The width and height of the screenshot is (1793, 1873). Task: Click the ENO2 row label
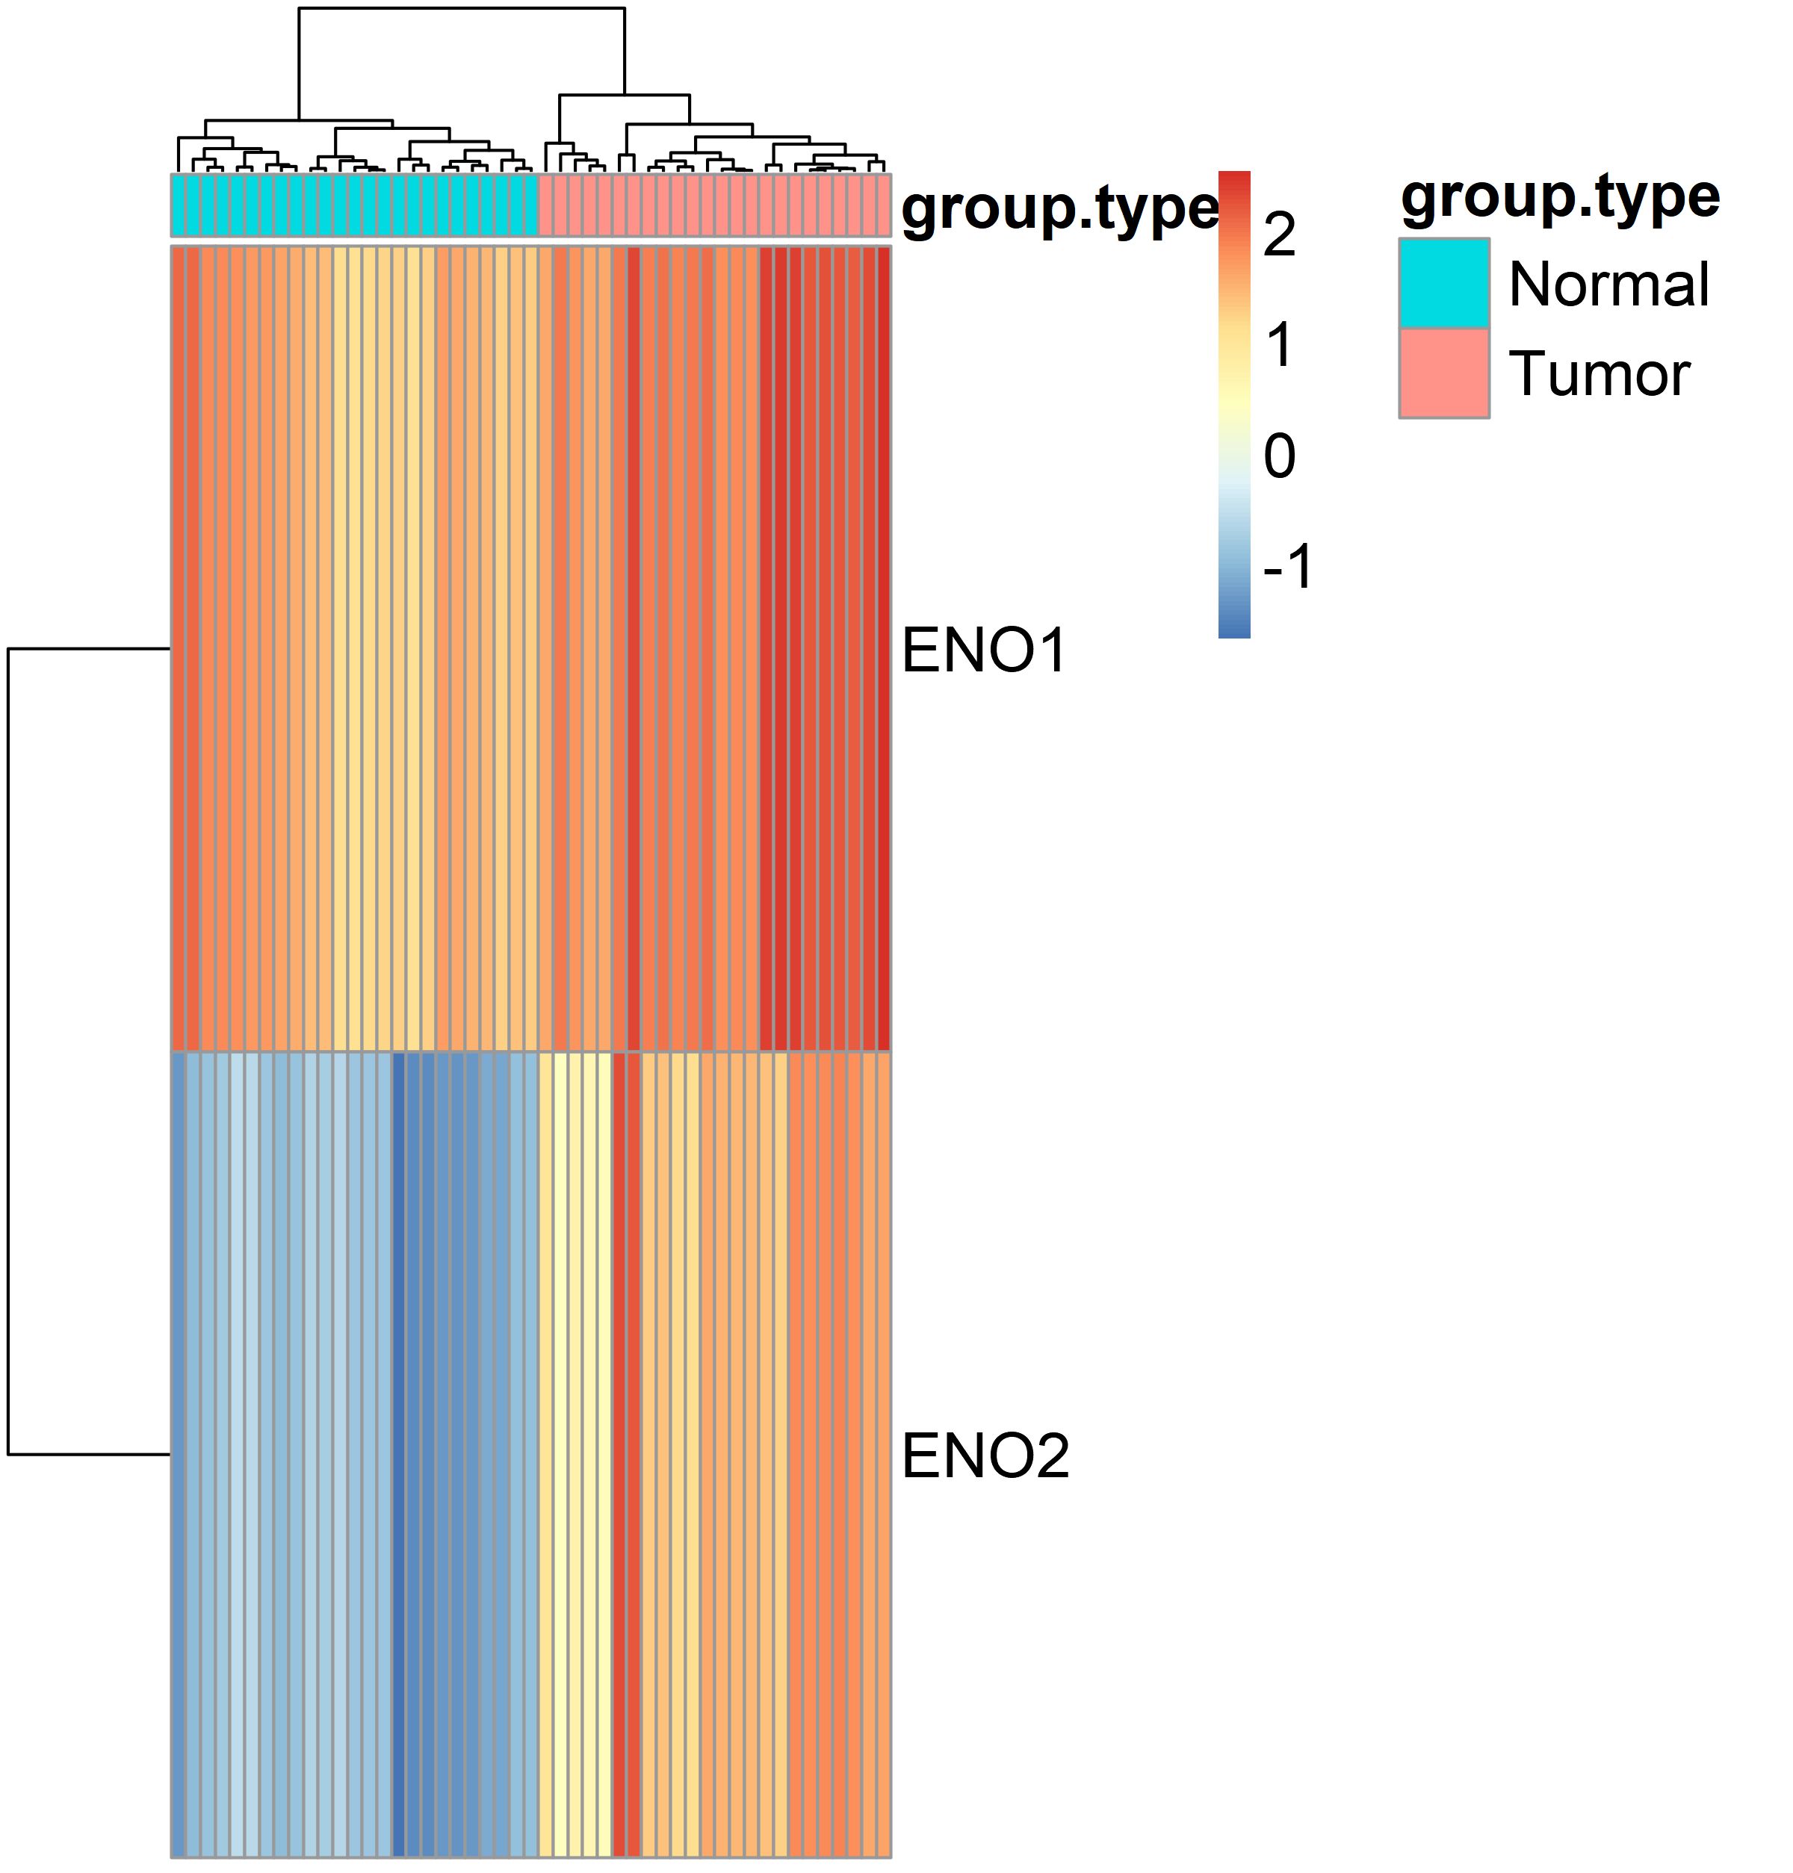click(x=985, y=1456)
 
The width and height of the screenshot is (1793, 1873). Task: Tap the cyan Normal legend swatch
click(x=1443, y=284)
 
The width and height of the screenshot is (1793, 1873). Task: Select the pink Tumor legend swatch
click(x=1443, y=373)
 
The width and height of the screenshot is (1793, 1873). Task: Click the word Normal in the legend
click(x=1608, y=285)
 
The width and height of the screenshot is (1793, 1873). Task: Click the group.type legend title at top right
click(x=1560, y=198)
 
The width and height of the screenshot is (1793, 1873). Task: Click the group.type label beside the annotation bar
click(x=1059, y=208)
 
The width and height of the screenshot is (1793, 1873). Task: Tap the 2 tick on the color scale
click(x=1279, y=234)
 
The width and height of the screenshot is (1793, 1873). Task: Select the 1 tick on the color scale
click(x=1279, y=345)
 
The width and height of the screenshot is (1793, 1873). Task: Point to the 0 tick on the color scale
click(x=1279, y=456)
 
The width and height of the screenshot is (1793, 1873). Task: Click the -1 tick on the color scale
click(x=1287, y=567)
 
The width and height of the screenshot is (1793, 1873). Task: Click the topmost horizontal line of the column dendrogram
click(x=462, y=9)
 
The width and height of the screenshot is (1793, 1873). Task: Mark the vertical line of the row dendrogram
click(x=9, y=1052)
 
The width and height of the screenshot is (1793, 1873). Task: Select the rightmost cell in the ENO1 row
click(x=884, y=649)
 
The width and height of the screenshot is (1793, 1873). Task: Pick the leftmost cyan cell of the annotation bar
click(x=179, y=205)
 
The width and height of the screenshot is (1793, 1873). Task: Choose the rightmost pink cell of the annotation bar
click(x=884, y=205)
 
